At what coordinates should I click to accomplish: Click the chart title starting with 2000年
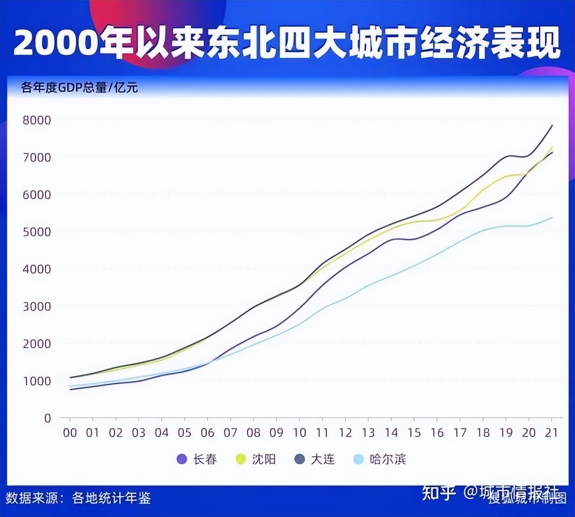(x=287, y=42)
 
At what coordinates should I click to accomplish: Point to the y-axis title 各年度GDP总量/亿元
(x=79, y=87)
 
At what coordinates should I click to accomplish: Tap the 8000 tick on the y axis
(x=37, y=120)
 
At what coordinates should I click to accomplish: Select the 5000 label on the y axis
(x=37, y=232)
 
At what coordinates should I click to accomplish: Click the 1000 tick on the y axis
(x=37, y=381)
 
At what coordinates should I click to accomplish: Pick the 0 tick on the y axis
(x=48, y=418)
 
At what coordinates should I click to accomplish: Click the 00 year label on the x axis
(x=70, y=433)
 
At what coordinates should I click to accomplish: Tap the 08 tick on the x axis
(x=253, y=433)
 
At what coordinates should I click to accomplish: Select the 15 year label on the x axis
(x=414, y=433)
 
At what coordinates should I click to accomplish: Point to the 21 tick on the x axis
(x=551, y=433)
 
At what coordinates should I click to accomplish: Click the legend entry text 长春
(x=205, y=459)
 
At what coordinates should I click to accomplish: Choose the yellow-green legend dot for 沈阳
(x=241, y=459)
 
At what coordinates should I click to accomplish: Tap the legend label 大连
(x=323, y=459)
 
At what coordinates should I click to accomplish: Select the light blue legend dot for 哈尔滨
(x=358, y=459)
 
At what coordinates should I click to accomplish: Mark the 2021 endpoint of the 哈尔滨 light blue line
(x=552, y=218)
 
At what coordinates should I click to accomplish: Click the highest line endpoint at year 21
(x=552, y=125)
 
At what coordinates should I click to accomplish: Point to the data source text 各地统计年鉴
(x=111, y=498)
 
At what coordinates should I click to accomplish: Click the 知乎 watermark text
(x=438, y=493)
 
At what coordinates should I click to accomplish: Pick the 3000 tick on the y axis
(x=37, y=307)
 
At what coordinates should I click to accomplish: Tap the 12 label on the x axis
(x=345, y=433)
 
